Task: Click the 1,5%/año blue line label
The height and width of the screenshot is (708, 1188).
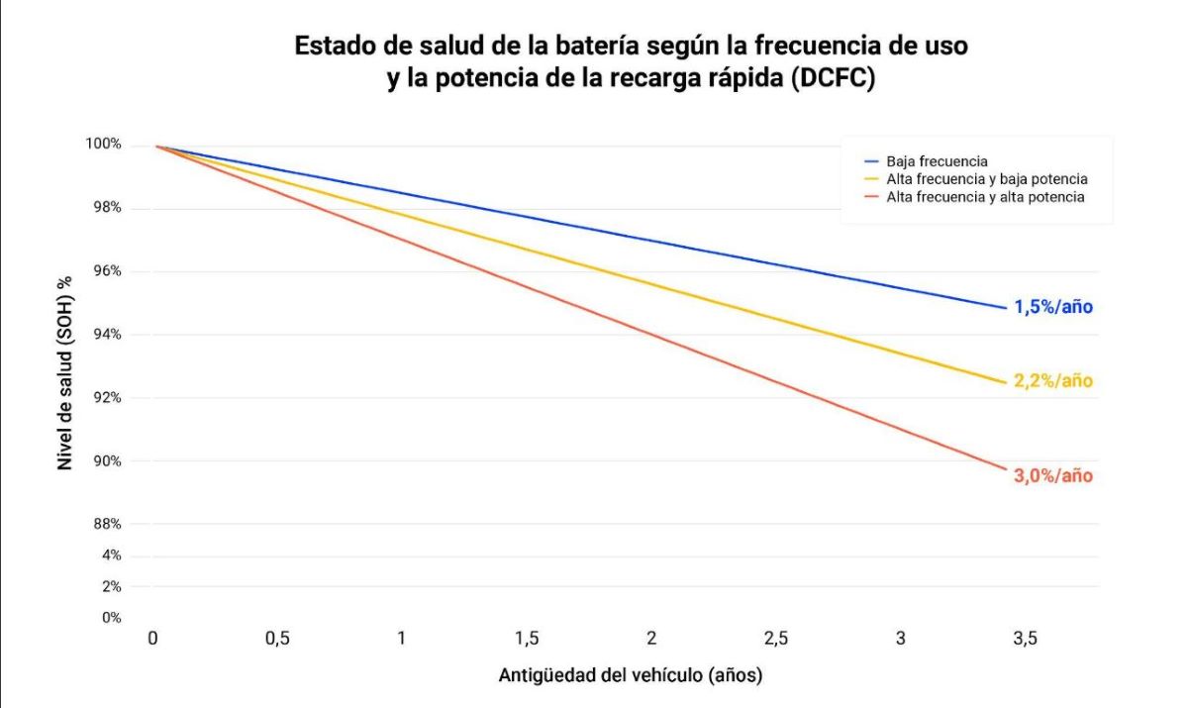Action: [1052, 307]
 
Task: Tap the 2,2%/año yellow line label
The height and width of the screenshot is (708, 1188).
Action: [1052, 381]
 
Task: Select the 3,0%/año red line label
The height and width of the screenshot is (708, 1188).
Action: [1052, 476]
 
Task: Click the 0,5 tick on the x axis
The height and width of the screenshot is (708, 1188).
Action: [277, 640]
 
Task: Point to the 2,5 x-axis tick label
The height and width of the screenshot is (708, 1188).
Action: [776, 640]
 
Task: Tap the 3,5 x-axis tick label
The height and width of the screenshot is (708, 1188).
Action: [1025, 640]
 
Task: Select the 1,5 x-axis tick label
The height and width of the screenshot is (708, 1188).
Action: [527, 640]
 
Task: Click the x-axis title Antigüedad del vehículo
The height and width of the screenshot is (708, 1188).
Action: [631, 676]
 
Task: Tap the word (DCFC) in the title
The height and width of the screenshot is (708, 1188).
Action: [833, 80]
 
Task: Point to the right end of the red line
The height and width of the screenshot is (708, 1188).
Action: [1006, 469]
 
